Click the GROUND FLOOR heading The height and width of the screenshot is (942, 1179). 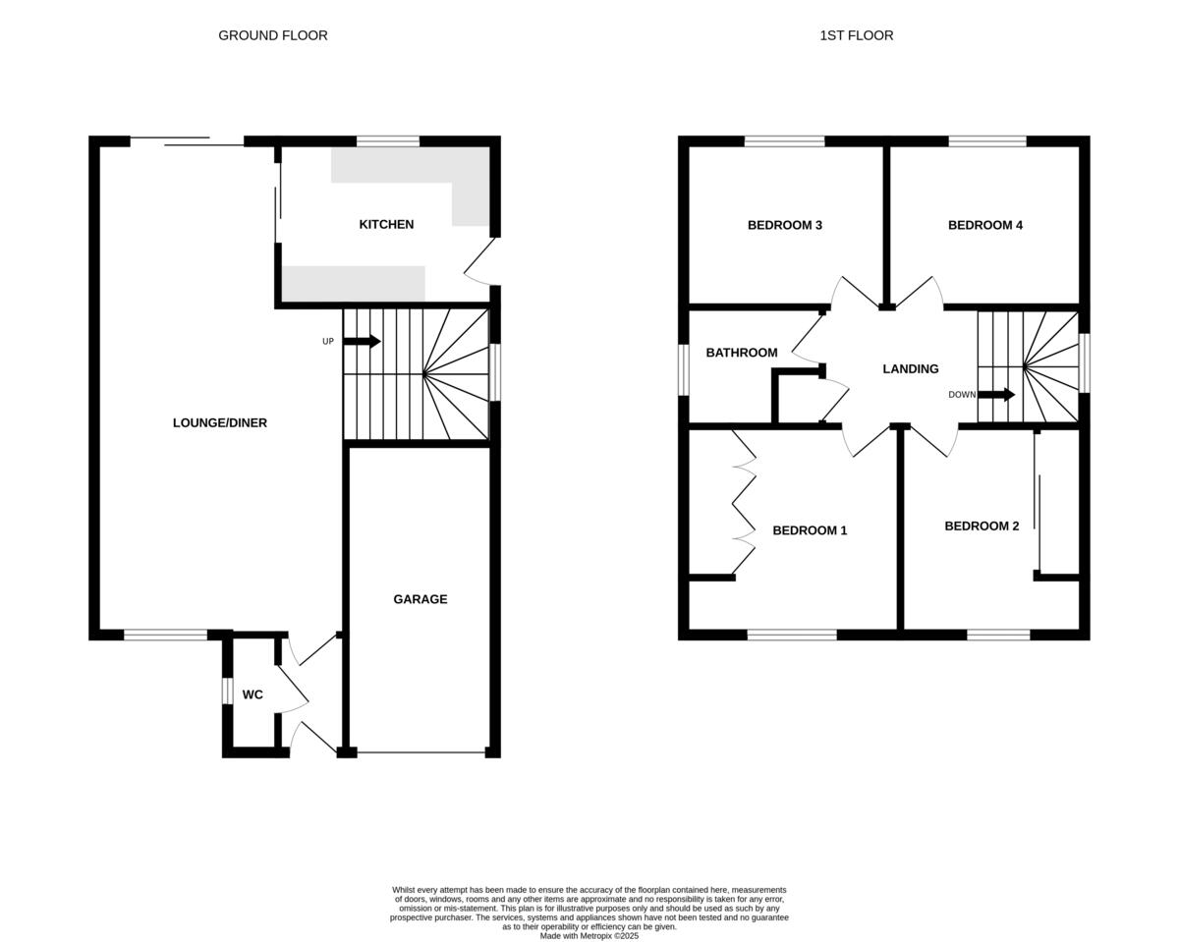click(272, 35)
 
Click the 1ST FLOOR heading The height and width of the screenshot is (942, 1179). click(856, 35)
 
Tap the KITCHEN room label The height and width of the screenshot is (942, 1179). click(386, 225)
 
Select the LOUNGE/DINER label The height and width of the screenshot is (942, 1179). click(219, 423)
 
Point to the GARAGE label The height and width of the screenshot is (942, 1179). click(420, 599)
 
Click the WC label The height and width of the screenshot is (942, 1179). click(253, 695)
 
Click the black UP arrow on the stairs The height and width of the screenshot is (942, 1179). click(362, 341)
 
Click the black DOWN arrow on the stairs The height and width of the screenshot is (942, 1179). click(995, 395)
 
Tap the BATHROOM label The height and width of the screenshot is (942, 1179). click(741, 353)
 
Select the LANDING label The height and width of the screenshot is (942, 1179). click(910, 369)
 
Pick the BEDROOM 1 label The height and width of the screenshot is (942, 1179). click(809, 530)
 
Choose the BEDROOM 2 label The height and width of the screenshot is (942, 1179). click(981, 526)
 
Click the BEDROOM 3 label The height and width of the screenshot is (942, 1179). click(784, 225)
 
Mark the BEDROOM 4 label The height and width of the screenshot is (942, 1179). click(984, 225)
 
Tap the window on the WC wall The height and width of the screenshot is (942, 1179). click(227, 692)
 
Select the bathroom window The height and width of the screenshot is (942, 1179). click(684, 369)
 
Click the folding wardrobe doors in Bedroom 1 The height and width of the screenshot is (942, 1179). click(744, 501)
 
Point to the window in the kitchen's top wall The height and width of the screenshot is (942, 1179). click(387, 141)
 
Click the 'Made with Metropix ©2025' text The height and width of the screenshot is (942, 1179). click(589, 936)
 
